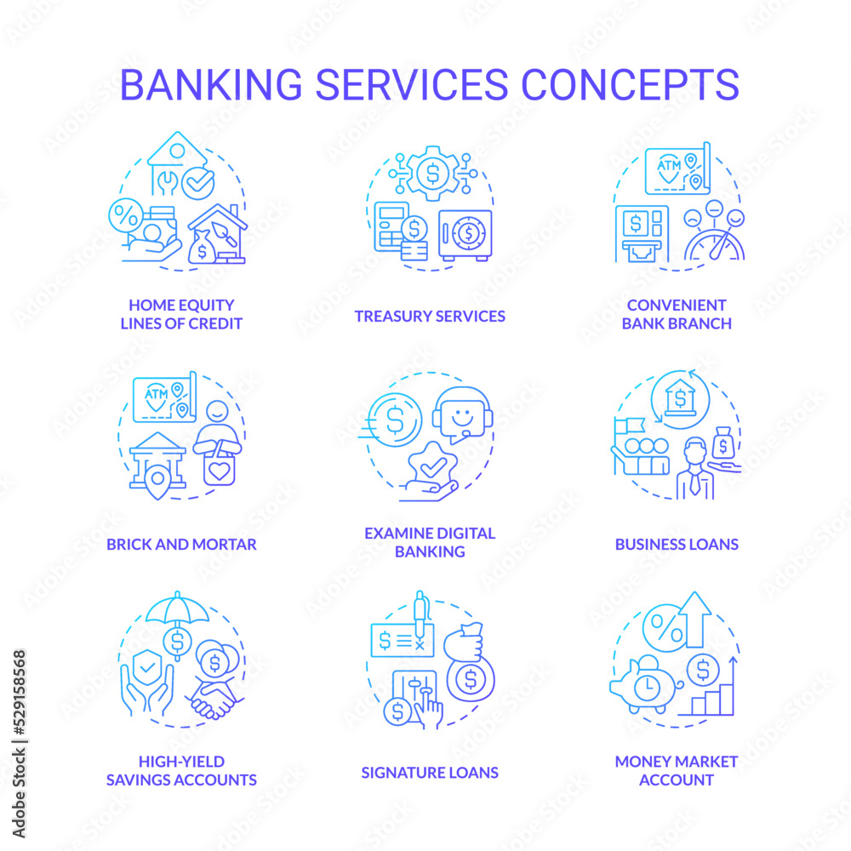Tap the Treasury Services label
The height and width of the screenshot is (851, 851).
tap(430, 316)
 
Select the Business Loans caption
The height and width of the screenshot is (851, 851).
tap(677, 543)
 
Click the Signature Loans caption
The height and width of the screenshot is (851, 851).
tap(430, 773)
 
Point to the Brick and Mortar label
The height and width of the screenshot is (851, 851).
tap(181, 543)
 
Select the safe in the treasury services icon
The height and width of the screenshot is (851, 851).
tap(465, 234)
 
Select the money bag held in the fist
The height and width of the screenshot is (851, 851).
tap(466, 672)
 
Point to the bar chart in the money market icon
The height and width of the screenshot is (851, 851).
tap(713, 694)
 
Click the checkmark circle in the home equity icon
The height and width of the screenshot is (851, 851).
tap(198, 182)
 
